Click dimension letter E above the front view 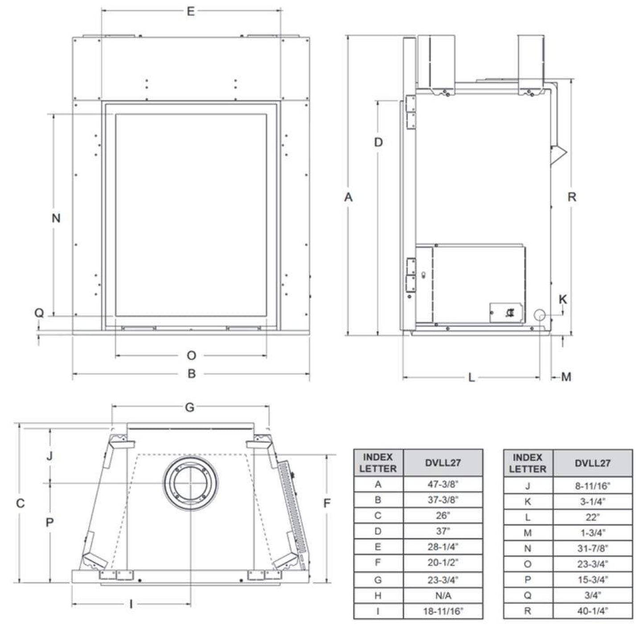pos(190,12)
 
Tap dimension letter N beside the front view pos(56,218)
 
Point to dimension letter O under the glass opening pos(191,356)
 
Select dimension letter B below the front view pos(192,373)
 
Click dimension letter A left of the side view pos(348,197)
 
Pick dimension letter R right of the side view pos(572,197)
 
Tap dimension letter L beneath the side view pos(471,377)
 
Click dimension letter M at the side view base pos(566,377)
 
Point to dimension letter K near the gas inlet pos(563,299)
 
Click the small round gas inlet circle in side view pos(539,315)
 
